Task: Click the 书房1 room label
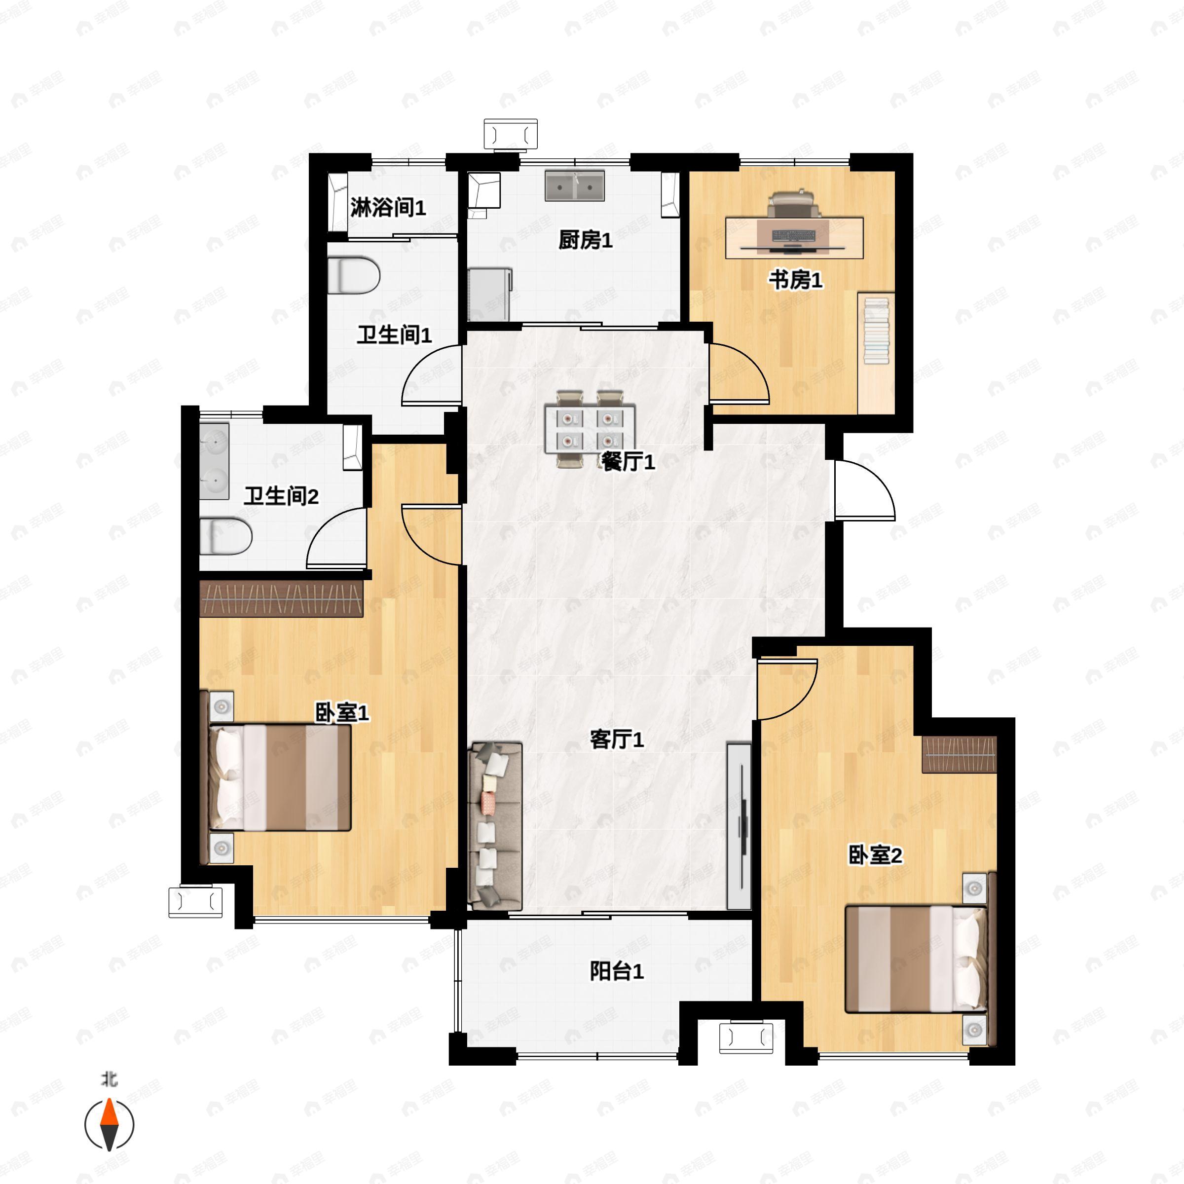795,281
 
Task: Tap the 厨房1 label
585,240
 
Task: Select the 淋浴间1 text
388,208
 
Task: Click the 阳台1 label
617,971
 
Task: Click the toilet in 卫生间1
354,275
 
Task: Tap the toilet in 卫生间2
225,536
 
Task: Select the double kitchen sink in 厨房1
574,185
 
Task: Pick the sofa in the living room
494,825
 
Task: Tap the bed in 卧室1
280,777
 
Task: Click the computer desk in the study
794,238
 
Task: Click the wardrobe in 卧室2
959,754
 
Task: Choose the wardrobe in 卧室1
282,598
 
